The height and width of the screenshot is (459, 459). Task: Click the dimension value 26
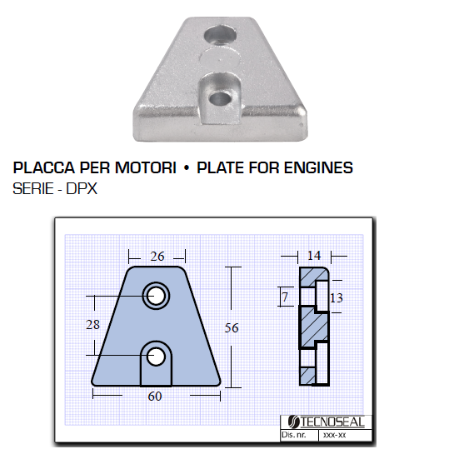[x=157, y=257]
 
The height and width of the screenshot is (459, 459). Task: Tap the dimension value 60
[x=155, y=397]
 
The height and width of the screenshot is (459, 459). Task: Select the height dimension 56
[x=232, y=328]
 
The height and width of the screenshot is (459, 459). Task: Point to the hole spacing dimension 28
[x=92, y=325]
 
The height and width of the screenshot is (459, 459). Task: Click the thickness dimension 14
[x=314, y=256]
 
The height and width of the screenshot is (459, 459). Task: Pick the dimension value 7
[x=285, y=297]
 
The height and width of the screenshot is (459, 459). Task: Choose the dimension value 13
[x=336, y=298]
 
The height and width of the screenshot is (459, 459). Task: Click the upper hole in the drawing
[x=156, y=296]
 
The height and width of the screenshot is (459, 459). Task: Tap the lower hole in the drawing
[x=156, y=357]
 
